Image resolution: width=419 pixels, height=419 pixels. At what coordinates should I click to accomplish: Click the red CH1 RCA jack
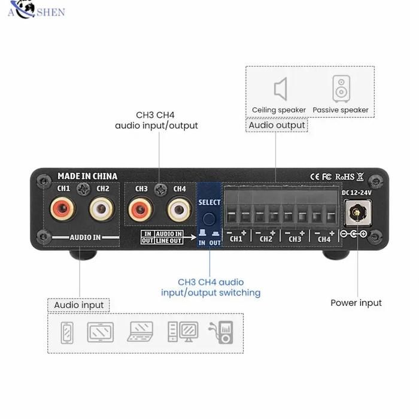[64, 210]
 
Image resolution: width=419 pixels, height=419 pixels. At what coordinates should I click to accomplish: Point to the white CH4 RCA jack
[179, 210]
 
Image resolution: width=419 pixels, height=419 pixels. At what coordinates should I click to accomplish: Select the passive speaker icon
[341, 89]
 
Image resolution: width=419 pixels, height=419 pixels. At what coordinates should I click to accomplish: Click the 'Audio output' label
[277, 126]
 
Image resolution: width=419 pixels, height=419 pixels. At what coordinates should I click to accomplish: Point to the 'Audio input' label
[78, 305]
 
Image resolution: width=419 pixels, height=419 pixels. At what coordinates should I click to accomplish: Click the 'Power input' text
[356, 303]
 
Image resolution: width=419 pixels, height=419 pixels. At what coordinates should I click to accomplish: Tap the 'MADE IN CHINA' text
[87, 176]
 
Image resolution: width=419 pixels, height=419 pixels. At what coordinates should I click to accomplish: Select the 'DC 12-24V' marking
[357, 192]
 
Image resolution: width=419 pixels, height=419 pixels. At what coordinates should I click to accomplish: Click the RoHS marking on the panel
[345, 177]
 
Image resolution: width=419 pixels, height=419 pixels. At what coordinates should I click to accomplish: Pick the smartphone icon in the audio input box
[66, 332]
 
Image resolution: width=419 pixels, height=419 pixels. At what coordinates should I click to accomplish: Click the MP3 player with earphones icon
[221, 332]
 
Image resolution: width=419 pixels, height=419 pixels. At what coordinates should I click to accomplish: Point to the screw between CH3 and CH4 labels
[160, 190]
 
